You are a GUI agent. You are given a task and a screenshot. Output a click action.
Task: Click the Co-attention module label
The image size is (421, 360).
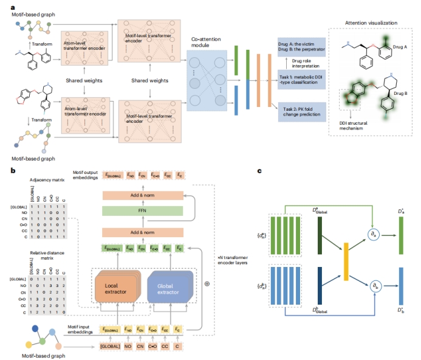coord(206,42)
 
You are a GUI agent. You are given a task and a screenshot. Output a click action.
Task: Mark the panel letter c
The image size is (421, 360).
coord(260,171)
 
